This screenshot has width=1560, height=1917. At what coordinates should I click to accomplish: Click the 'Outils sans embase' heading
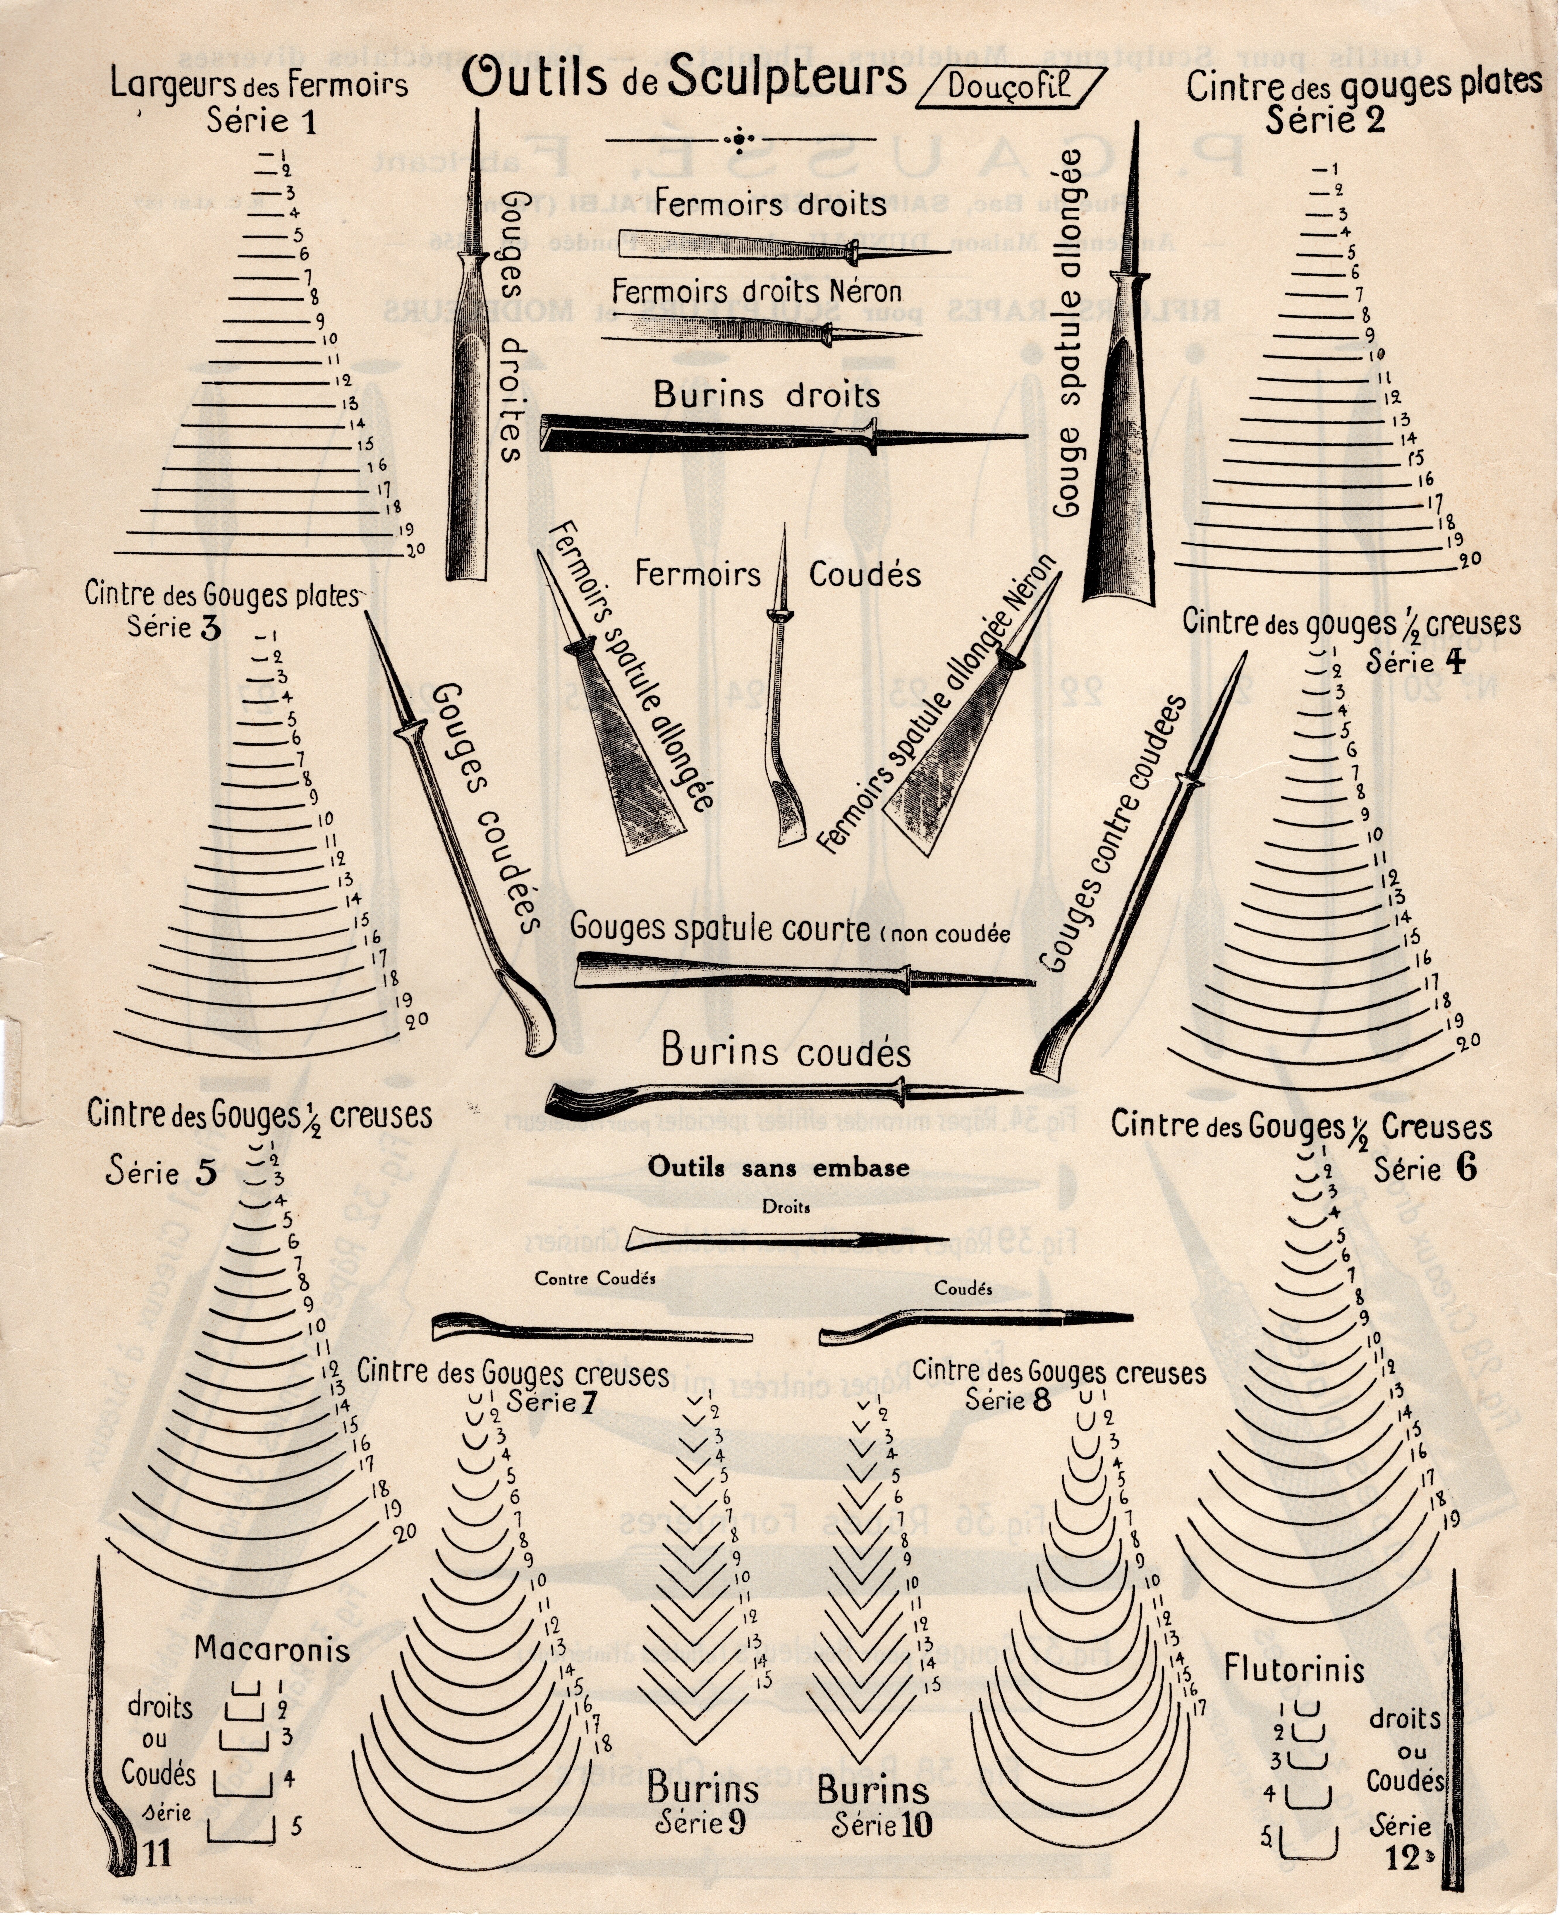(779, 1168)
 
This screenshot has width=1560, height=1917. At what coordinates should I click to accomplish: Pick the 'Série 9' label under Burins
(701, 1823)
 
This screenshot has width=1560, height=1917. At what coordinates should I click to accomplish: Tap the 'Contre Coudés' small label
(595, 1278)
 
